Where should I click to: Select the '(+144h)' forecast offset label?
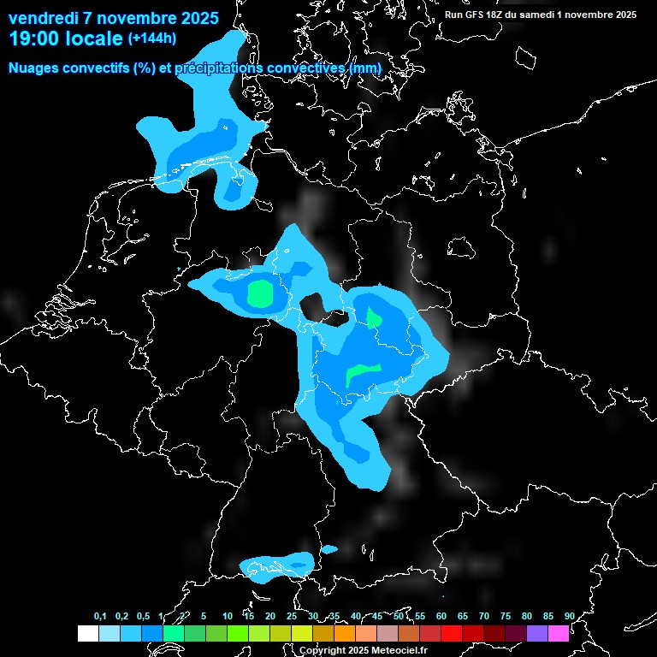click(x=151, y=38)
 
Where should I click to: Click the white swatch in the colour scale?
click(x=87, y=633)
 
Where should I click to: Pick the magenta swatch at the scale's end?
click(x=558, y=633)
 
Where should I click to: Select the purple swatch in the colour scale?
click(x=536, y=633)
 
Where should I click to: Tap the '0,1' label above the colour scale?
click(x=100, y=617)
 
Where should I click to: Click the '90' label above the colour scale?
click(x=569, y=617)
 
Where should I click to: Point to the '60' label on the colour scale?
click(x=441, y=617)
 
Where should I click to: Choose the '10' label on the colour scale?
click(x=227, y=617)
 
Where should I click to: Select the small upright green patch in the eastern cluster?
click(x=374, y=318)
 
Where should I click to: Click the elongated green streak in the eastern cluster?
click(x=363, y=373)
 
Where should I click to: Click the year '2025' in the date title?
click(x=195, y=17)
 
